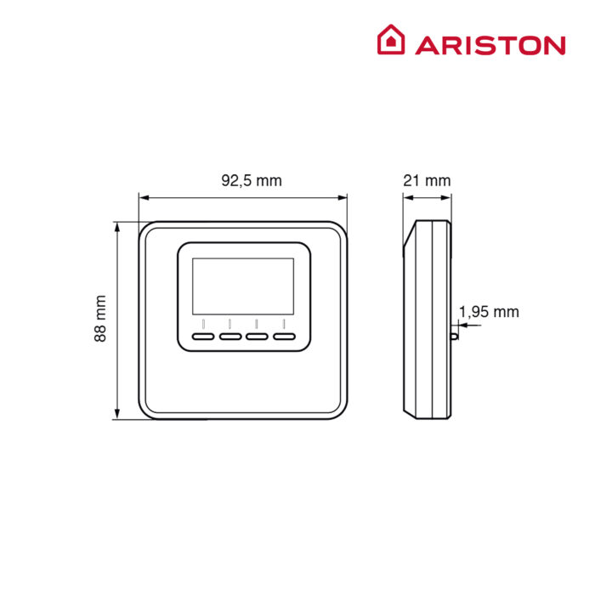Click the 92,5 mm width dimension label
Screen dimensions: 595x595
click(252, 180)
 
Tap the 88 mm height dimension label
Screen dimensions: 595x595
click(100, 319)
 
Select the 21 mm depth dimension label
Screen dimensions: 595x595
click(427, 180)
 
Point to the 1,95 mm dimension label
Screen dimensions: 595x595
click(489, 312)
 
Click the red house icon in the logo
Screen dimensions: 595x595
click(391, 39)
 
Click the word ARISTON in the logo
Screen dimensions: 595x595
click(490, 46)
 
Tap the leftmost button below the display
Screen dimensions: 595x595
click(203, 337)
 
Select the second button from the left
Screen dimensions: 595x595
click(230, 337)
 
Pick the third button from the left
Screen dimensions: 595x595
click(257, 337)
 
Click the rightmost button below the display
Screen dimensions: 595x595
click(284, 337)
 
